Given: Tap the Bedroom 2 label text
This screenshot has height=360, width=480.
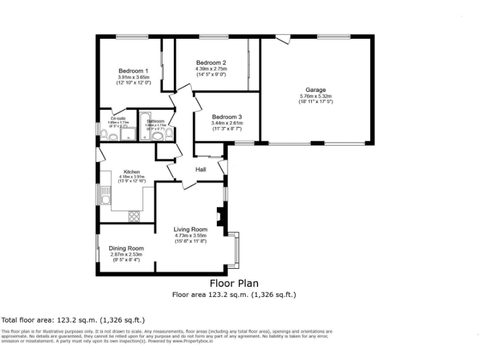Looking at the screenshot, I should click(x=211, y=62).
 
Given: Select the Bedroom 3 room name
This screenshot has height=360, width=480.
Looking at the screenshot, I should click(x=226, y=117).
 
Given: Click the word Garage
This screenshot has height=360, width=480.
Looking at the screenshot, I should click(x=316, y=90).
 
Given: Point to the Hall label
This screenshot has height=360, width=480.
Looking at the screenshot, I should click(x=201, y=169).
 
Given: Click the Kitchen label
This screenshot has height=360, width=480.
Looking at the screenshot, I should click(x=131, y=172).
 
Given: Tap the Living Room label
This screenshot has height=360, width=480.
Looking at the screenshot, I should click(x=190, y=229).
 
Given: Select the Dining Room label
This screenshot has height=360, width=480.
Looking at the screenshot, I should click(x=126, y=248).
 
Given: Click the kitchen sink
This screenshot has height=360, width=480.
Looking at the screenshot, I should click(x=106, y=200).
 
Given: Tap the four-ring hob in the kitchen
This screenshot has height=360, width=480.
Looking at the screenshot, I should click(x=134, y=216).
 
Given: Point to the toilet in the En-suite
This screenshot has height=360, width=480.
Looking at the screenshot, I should click(x=104, y=132).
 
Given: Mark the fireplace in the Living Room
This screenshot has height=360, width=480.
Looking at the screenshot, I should click(x=219, y=216).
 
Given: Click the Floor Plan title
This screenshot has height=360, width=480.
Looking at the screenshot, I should click(x=233, y=284).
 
